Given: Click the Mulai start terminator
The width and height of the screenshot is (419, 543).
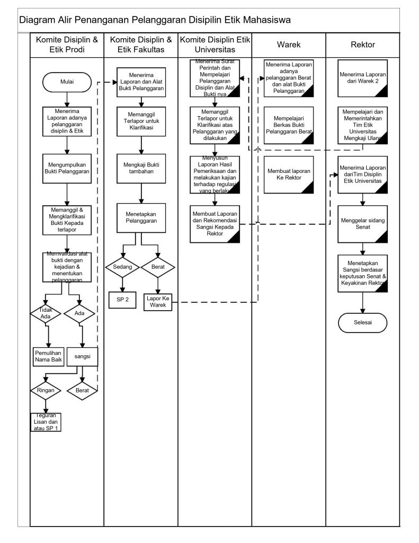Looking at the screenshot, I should (67, 83).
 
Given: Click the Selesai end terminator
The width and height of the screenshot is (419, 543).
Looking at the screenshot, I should (363, 321).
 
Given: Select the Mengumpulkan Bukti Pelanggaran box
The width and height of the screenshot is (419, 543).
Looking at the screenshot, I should (67, 168).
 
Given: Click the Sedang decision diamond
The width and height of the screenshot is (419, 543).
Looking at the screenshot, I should (122, 267).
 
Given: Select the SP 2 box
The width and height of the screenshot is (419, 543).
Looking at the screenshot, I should (122, 300).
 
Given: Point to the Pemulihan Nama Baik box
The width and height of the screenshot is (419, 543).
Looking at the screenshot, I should (48, 356).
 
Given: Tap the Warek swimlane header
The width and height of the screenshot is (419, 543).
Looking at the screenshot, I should (289, 45).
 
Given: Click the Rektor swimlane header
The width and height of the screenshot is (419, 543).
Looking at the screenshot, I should (363, 45).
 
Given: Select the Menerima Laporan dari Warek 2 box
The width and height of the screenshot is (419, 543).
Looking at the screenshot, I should (363, 78).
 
